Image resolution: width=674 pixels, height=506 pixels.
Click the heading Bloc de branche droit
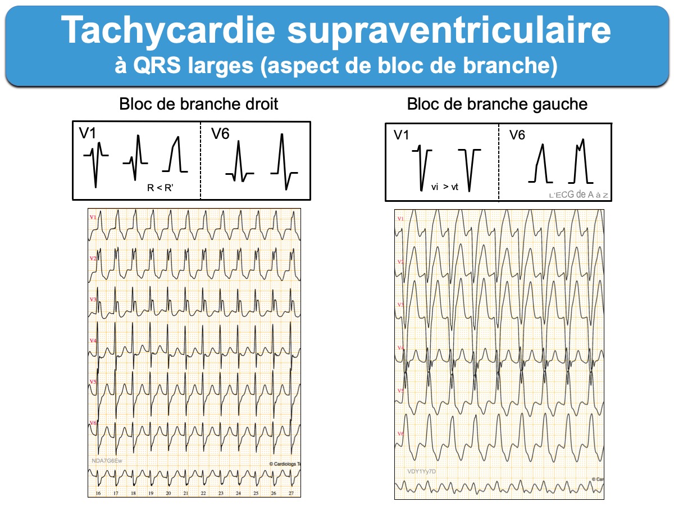coord(199,104)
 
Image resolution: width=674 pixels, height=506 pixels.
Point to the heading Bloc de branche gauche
coord(497,104)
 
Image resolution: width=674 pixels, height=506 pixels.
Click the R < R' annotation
coord(160,188)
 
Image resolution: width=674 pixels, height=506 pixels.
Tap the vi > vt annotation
coord(445,187)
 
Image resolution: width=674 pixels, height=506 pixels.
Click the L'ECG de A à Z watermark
coord(579,195)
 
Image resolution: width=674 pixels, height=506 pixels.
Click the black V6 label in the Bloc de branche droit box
coord(221,133)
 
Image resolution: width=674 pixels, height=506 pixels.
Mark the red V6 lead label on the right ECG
coord(400,433)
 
